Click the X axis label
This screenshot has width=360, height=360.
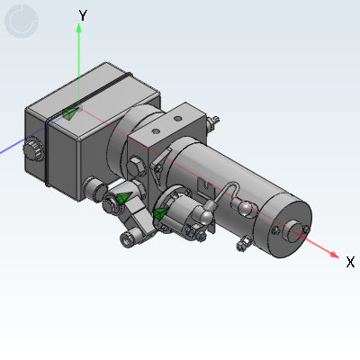pyautogui.click(x=350, y=262)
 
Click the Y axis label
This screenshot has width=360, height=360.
pyautogui.click(x=83, y=15)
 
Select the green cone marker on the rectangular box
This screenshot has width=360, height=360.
pyautogui.click(x=69, y=112)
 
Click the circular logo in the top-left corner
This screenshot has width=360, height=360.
pyautogui.click(x=21, y=22)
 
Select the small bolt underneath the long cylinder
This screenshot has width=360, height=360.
pyautogui.click(x=241, y=244)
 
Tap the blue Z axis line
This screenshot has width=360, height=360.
pyautogui.click(x=13, y=148)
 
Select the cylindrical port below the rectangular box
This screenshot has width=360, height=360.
pyautogui.click(x=92, y=188)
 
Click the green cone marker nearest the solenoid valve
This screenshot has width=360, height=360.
pyautogui.click(x=159, y=213)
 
